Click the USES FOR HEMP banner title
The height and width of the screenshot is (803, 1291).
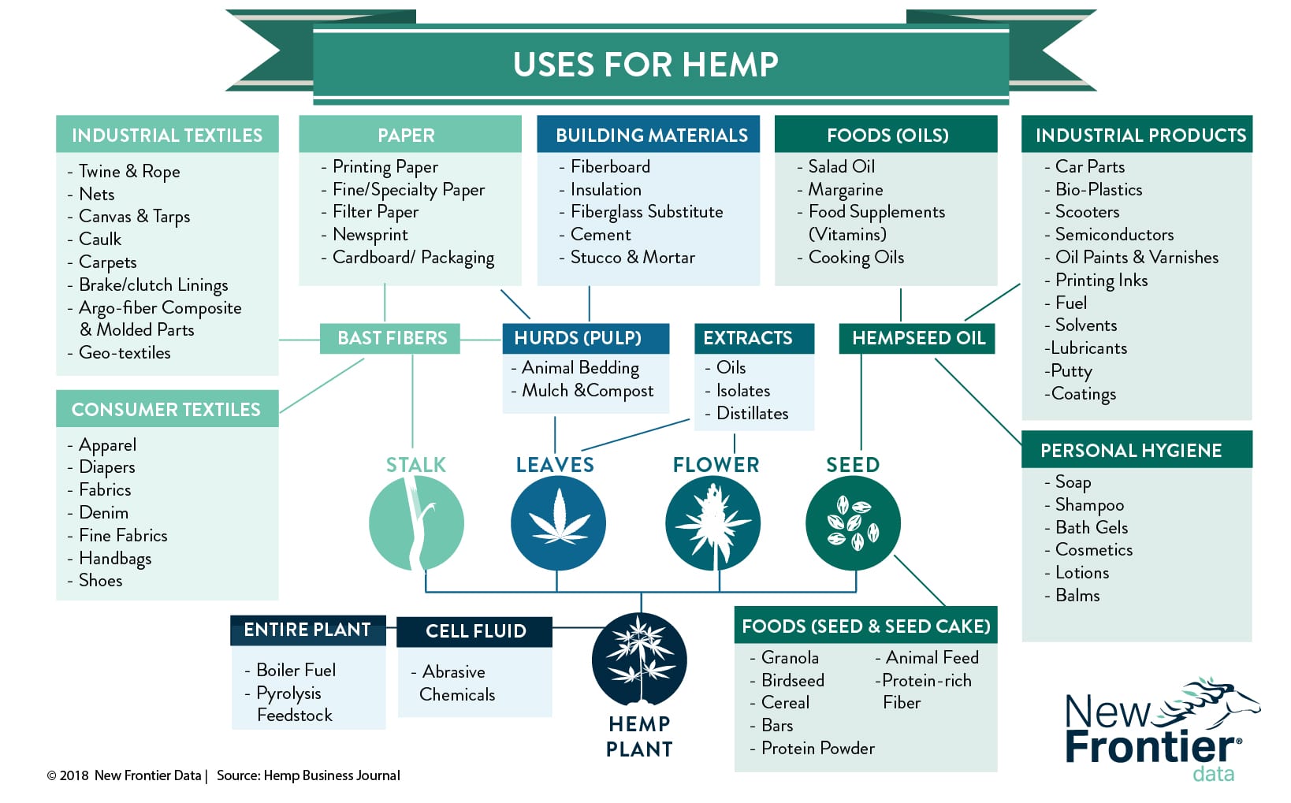(x=645, y=64)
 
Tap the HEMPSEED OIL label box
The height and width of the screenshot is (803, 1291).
(x=917, y=338)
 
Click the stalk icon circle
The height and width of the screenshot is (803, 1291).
(x=417, y=523)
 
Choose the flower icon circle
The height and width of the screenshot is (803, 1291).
(x=713, y=523)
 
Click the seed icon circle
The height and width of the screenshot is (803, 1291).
(x=853, y=523)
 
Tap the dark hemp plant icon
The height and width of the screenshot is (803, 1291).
(x=640, y=659)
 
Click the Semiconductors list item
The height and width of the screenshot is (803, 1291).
(x=1114, y=235)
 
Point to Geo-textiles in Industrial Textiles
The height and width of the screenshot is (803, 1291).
(x=125, y=352)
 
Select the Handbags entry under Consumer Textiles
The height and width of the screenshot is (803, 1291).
(x=115, y=558)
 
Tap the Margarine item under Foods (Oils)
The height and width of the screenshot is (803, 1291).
(x=846, y=189)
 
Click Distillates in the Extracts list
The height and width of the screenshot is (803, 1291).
(x=752, y=414)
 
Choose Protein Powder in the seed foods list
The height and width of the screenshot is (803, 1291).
(x=818, y=749)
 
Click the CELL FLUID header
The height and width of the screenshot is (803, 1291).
(x=475, y=631)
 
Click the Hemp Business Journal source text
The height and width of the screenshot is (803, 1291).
(x=331, y=775)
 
